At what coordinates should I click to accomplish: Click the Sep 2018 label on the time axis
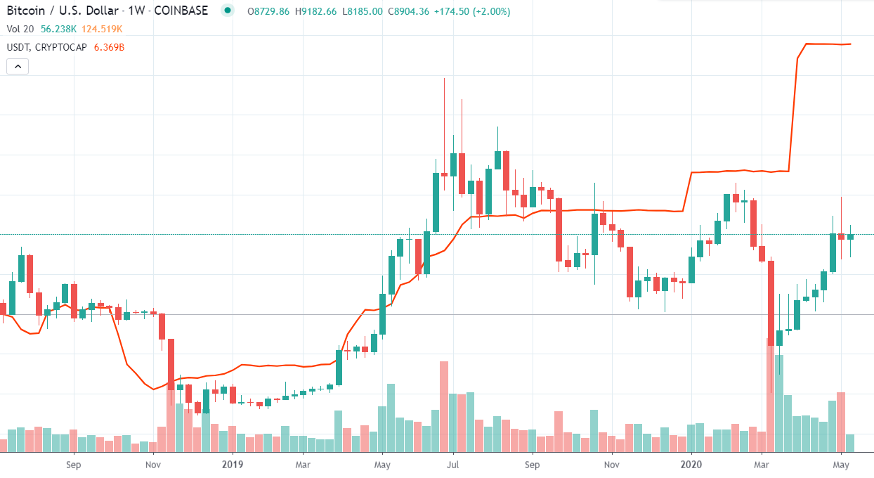coord(73,465)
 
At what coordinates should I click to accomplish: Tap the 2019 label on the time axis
coord(232,465)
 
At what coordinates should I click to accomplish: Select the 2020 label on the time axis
coord(691,465)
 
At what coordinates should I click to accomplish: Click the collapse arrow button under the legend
coord(18,67)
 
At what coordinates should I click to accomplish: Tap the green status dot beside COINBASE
coord(226,11)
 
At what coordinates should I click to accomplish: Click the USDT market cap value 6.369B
coord(109,47)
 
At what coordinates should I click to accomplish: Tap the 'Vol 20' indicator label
coord(19,30)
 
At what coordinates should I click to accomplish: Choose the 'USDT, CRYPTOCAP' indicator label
coord(46,47)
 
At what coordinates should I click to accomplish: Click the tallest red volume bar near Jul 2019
coord(444,406)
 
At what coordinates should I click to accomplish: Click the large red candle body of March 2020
coord(771,302)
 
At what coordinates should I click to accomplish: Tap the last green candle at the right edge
coord(850,237)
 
